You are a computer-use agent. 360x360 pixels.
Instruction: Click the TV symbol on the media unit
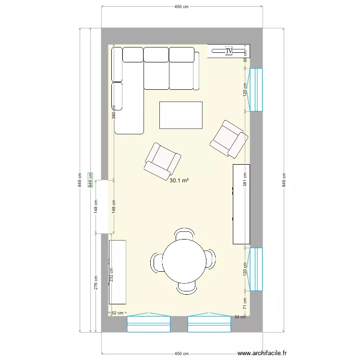pos(228,50)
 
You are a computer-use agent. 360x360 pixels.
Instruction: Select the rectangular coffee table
pos(180,115)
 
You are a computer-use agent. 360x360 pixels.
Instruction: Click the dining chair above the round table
pos(185,234)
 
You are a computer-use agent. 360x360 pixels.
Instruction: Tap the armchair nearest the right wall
pos(228,139)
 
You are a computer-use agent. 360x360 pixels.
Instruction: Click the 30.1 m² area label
pos(179,181)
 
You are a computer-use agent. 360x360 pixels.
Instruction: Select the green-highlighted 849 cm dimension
pos(90,180)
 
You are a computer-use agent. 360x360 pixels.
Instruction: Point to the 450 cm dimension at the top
pos(181,7)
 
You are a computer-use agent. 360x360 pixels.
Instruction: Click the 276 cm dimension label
pos(96,282)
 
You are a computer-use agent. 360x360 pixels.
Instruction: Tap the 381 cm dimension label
pos(245,180)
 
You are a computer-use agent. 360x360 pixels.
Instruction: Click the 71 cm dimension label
pos(245,304)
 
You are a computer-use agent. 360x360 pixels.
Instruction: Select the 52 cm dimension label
pos(117,313)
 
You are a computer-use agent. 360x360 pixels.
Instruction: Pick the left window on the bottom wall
pos(148,324)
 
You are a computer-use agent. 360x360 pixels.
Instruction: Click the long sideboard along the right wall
pos(241,204)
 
